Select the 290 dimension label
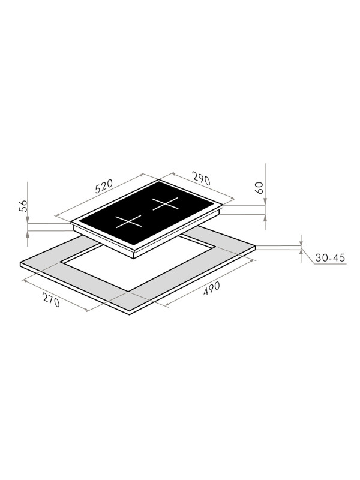click(201, 179)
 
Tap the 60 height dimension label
click(259, 188)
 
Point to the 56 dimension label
click(23, 206)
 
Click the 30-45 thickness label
click(330, 258)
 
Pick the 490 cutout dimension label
click(212, 289)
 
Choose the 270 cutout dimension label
click(51, 301)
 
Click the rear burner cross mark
click(166, 203)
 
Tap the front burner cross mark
click(128, 221)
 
